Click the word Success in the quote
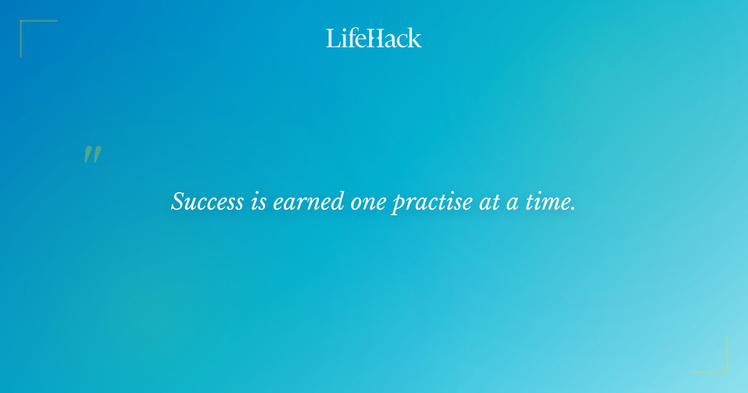pos(207,201)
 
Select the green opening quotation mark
pos(92,155)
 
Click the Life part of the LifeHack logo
pos(345,38)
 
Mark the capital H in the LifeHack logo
pos(373,39)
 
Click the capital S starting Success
pos(178,201)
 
